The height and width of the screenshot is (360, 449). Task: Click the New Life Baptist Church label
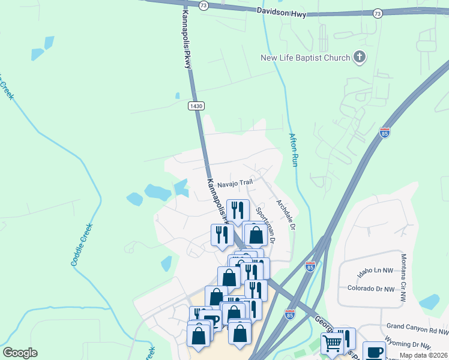305,58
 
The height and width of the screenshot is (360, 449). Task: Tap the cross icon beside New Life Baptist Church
360,58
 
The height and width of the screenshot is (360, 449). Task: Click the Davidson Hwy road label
281,11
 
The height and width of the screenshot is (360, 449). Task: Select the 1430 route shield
196,106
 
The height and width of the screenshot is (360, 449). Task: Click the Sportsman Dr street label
265,224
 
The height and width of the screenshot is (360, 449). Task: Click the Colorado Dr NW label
371,289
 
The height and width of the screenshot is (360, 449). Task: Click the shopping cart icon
332,344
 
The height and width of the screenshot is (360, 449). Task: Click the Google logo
20,353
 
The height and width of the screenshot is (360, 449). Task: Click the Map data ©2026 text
423,355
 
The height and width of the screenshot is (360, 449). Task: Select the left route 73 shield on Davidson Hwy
203,5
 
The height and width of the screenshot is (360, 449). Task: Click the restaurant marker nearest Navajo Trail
238,210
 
